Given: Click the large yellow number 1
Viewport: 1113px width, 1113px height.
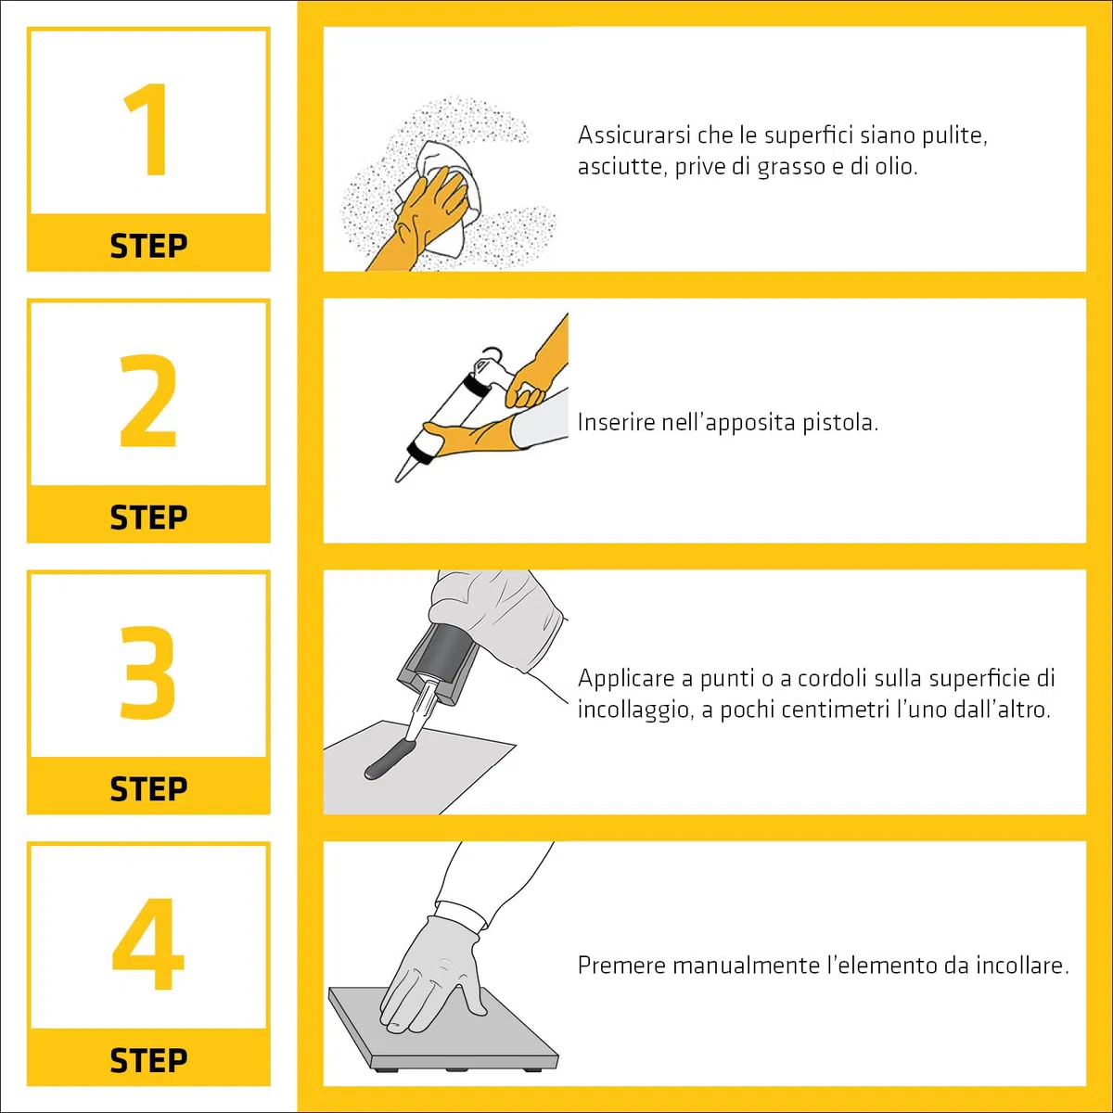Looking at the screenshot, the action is click(147, 129).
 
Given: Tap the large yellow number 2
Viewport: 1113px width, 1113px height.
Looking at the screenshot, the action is click(147, 401).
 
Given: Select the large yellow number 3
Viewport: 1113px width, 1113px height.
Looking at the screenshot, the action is click(147, 672).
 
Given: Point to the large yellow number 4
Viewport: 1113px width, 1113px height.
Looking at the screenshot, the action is click(147, 944).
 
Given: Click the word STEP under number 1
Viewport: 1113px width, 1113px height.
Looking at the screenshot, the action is click(148, 246).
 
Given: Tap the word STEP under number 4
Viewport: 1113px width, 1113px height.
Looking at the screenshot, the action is click(148, 1061).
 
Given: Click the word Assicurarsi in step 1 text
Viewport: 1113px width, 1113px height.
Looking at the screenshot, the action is click(634, 135).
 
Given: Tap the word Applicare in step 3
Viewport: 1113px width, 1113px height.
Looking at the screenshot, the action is click(626, 679).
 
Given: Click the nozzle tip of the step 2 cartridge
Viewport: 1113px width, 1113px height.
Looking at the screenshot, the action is click(398, 480).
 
